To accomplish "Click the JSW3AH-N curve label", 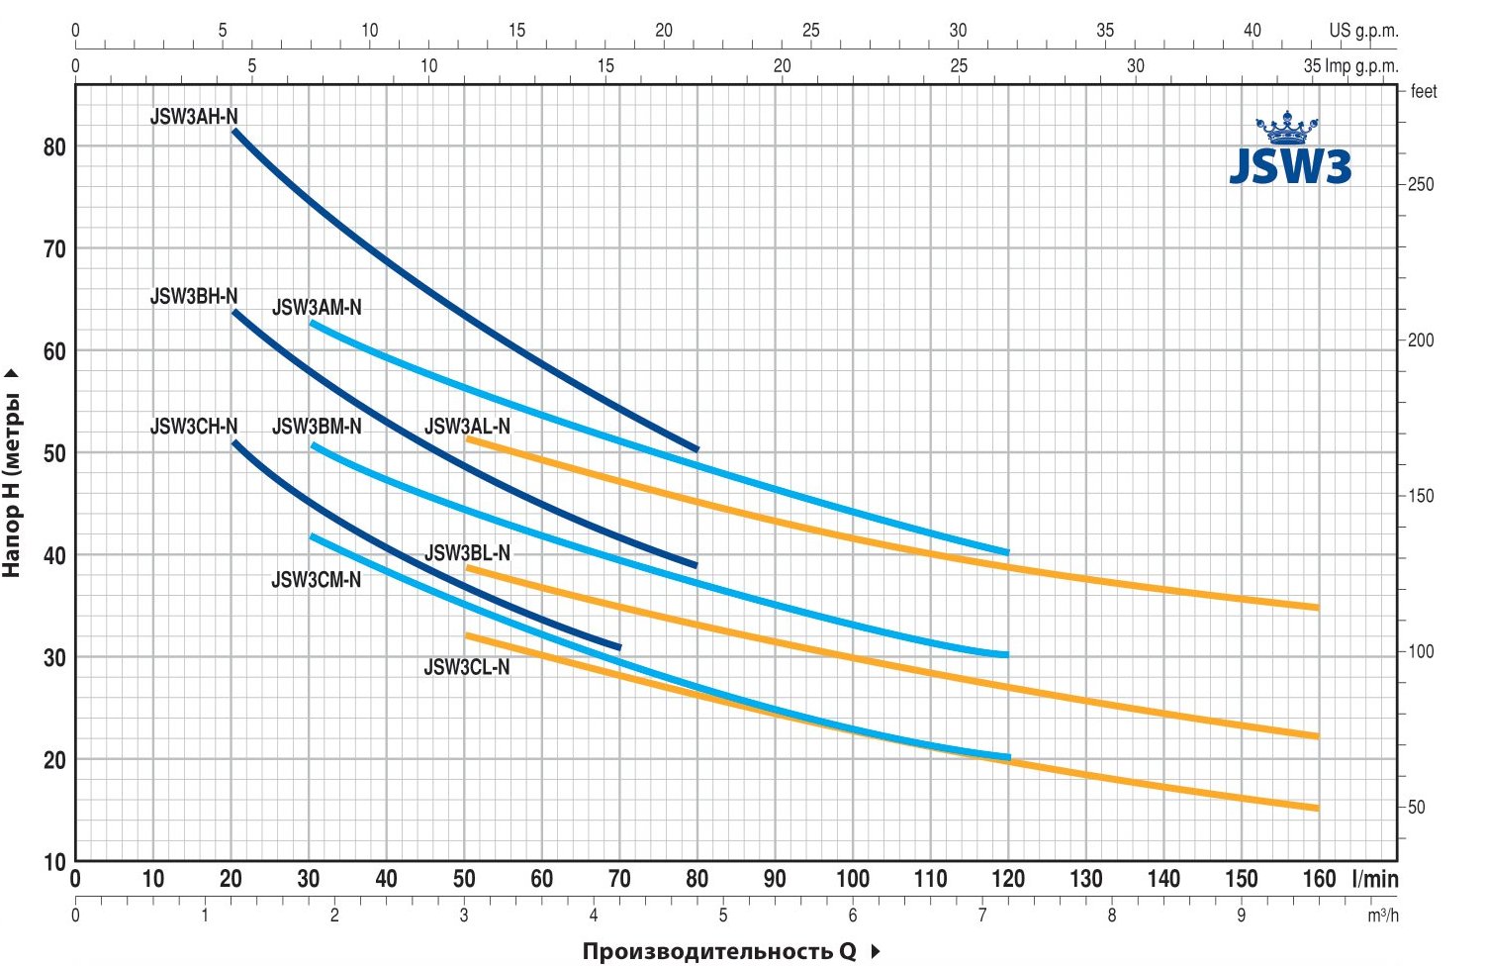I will click(194, 117).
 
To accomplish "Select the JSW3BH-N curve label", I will click(194, 296).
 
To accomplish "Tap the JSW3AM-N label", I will click(317, 308).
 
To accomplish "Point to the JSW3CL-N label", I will click(467, 667).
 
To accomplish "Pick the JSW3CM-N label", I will click(317, 580).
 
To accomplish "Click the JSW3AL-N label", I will click(467, 427).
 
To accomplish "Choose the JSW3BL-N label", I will click(467, 553).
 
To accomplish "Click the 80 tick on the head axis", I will click(54, 146).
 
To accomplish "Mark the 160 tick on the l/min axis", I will click(1319, 879).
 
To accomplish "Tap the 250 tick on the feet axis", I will click(1420, 185).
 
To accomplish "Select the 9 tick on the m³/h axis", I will click(1242, 916).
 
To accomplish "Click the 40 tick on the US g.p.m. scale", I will click(1253, 31).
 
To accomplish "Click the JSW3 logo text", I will click(1290, 167).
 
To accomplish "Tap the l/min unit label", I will click(1374, 879).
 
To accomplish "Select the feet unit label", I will click(1424, 92).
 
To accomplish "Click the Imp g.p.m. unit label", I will click(1363, 66).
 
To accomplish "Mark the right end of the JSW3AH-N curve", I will click(696, 448).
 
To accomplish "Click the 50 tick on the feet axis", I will click(1417, 808).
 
